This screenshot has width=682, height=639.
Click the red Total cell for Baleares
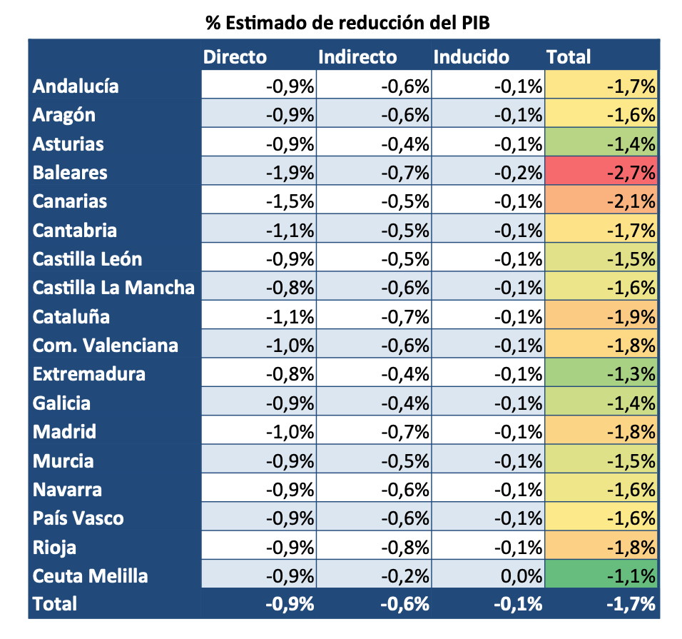pos(601,173)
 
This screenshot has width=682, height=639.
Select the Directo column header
pos(235,57)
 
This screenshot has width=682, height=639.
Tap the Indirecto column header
pos(357,57)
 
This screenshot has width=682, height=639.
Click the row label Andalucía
pos(76,86)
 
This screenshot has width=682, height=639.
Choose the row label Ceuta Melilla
pos(90,576)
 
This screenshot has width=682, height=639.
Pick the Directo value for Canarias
pos(290,201)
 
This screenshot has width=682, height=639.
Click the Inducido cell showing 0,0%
pos(519,576)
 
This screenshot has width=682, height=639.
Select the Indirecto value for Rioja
pos(405,548)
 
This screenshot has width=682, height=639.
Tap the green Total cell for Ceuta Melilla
pos(601,576)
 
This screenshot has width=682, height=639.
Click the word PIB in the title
pos(473,22)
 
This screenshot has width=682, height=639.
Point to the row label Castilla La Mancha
pos(113,288)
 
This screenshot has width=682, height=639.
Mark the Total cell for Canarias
pos(601,201)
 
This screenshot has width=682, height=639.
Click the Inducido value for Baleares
pos(519,173)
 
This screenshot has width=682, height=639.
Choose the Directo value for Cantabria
pos(290,231)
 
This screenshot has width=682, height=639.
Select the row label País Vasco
pos(78,518)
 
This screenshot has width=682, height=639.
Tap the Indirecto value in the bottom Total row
pos(405,604)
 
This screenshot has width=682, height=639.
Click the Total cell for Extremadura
pos(601,374)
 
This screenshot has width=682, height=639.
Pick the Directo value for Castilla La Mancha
pos(290,288)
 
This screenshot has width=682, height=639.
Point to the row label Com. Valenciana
pos(106,346)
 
